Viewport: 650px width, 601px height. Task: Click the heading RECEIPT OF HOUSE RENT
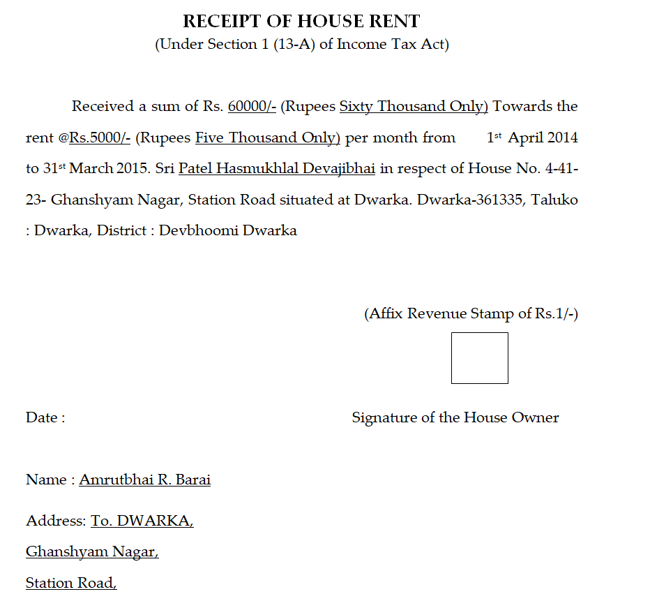(x=301, y=22)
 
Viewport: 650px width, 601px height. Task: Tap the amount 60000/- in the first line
(x=252, y=107)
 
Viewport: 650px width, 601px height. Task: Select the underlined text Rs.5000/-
(x=100, y=138)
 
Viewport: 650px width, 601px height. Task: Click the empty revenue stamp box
(x=479, y=358)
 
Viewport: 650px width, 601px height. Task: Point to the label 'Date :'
(x=45, y=418)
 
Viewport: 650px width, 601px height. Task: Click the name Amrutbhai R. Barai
(x=144, y=480)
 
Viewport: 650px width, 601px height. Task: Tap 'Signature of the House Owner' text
(x=455, y=418)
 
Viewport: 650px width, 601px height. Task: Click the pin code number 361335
(x=499, y=200)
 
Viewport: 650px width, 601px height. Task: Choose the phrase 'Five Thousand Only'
(x=267, y=138)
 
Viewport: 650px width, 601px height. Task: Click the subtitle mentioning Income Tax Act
(x=301, y=45)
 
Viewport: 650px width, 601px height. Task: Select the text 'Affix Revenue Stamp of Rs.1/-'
(x=471, y=314)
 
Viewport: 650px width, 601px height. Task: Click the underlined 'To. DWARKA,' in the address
(x=142, y=521)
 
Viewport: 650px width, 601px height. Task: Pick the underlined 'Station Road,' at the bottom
(x=71, y=584)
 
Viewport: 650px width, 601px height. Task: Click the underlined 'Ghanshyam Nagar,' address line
(x=92, y=552)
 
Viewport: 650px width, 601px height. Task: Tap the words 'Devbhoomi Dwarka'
(x=227, y=231)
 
